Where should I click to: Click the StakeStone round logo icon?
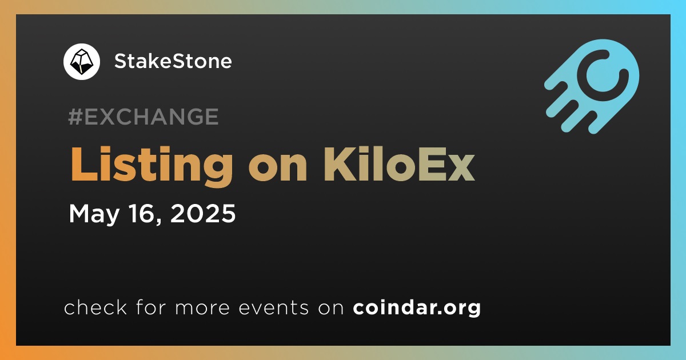pos(82,62)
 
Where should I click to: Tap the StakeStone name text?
pos(173,61)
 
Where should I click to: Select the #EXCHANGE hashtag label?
pos(143,117)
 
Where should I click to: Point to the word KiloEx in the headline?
pos(399,164)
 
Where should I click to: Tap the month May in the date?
pos(94,214)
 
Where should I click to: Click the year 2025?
pos(203,213)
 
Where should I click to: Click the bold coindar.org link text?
pos(417,307)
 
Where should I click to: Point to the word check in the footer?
pos(95,307)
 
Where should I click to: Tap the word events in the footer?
pos(274,307)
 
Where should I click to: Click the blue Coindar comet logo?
pos(592,86)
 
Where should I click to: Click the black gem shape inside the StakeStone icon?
pos(81,62)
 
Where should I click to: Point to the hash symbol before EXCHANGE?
pos(75,117)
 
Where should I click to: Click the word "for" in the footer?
pos(151,307)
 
